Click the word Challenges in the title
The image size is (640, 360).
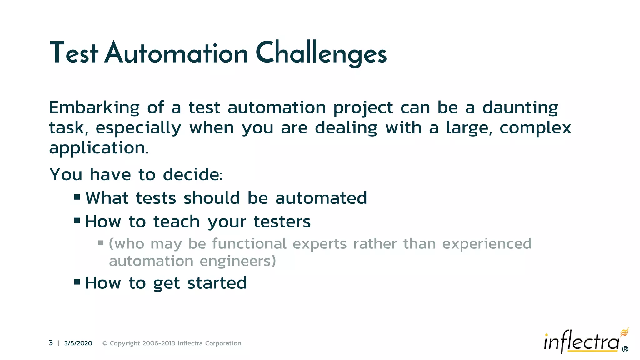click(321, 53)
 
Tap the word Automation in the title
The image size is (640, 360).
click(177, 53)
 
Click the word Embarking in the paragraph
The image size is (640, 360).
click(94, 108)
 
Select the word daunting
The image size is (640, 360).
click(520, 108)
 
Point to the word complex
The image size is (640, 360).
click(535, 128)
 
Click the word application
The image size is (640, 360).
click(98, 148)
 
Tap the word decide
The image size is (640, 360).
click(192, 174)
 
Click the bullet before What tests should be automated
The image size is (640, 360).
click(77, 197)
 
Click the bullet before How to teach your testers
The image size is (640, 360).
click(77, 221)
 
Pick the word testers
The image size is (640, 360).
click(282, 222)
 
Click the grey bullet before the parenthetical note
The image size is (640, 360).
click(101, 242)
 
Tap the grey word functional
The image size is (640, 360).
click(249, 244)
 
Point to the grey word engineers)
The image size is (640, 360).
click(238, 261)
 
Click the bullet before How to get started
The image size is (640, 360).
click(77, 282)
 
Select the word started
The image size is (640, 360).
click(217, 283)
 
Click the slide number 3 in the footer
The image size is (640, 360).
click(51, 343)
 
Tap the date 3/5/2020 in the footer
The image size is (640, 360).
click(78, 343)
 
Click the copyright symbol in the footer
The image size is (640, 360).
click(105, 343)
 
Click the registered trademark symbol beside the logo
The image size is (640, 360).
click(625, 349)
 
